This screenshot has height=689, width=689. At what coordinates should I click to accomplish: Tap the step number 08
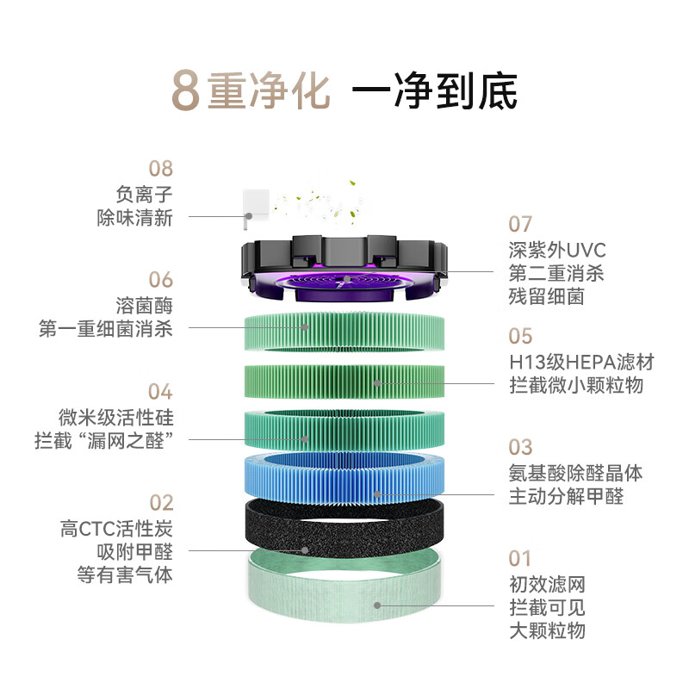161,169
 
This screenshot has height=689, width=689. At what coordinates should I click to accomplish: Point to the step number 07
520,225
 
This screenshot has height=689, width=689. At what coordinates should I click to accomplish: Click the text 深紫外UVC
556,251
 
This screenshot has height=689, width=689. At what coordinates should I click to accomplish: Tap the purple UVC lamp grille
344,284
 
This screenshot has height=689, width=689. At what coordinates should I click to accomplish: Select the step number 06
161,280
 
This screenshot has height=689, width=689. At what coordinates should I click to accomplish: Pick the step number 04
161,392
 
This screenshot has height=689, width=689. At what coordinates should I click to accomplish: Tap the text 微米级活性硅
116,418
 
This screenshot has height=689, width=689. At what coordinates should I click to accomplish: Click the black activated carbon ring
344,527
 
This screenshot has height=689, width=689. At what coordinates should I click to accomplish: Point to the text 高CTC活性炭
116,529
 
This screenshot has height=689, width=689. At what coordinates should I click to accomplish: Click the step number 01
520,559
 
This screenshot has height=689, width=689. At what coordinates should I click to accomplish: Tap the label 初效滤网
547,585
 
